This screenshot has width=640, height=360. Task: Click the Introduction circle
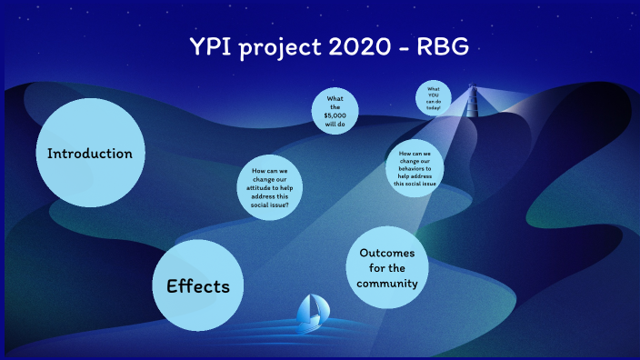click(90, 153)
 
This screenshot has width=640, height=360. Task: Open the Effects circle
click(197, 285)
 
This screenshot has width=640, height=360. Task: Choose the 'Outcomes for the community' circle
click(388, 268)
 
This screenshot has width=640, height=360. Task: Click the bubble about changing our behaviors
click(415, 167)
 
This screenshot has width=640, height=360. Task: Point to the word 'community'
click(387, 284)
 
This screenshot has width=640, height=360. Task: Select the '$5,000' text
click(335, 116)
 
